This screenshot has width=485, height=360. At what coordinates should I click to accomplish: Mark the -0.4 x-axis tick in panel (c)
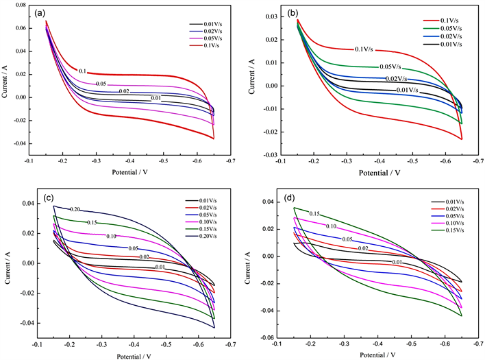coord(134,345)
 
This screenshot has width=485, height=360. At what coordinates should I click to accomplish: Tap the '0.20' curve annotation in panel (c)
coord(77,209)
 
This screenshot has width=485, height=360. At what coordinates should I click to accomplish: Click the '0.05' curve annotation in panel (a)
coord(100,84)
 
